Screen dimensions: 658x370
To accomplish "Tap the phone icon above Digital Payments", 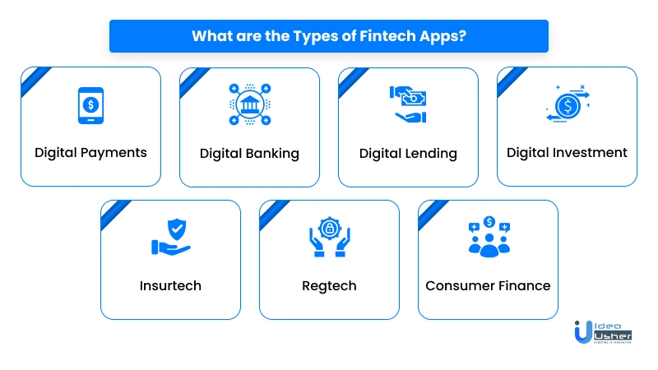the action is point(90,105).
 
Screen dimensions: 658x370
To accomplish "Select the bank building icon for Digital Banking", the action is point(250,104).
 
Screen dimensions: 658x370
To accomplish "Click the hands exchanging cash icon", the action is point(408,104).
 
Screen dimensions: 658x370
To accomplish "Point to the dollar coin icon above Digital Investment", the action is point(568,104).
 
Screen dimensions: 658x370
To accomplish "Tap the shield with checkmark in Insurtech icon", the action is point(177,229).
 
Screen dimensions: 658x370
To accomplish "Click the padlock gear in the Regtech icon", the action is point(330,229).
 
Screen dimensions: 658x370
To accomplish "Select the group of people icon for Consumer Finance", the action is point(489,237).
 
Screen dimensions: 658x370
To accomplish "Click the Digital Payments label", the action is point(90,153).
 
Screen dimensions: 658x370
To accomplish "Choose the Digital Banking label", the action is point(249,154).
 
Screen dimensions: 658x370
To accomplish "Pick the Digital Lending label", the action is point(408,154).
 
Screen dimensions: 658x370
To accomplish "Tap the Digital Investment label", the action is point(567,153).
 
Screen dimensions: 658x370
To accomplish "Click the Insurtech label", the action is point(170,285).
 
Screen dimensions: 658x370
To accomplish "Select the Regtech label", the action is point(329,286).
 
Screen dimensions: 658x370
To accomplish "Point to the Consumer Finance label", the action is point(488,285).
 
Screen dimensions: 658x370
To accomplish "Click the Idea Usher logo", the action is point(603,332).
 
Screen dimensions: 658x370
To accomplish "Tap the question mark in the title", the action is point(462,35).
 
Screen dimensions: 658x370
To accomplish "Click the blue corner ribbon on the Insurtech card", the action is point(116,215).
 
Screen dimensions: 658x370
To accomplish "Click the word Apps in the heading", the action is point(438,37).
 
